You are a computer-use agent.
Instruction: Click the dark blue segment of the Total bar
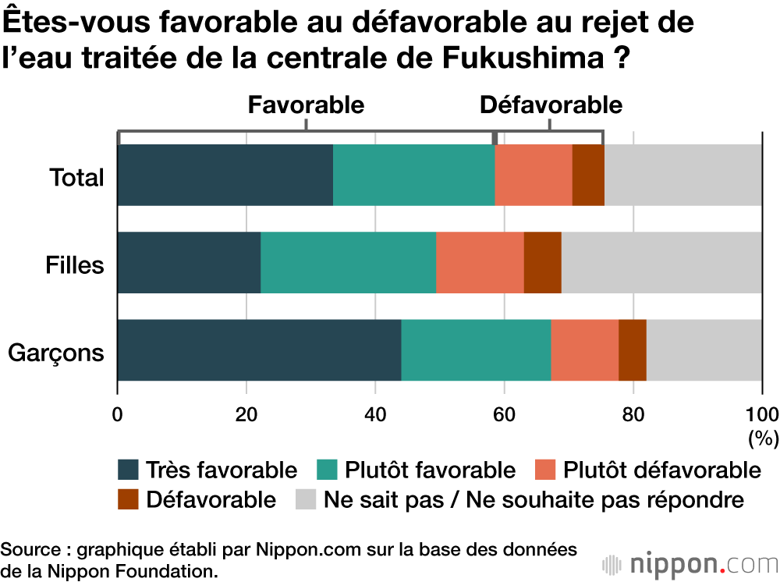coord(225,175)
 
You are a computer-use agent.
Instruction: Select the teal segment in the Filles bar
coord(348,262)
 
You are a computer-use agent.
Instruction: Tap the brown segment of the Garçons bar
coord(633,350)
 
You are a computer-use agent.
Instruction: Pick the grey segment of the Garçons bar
coord(704,350)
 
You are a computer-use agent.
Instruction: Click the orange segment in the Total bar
coord(534,175)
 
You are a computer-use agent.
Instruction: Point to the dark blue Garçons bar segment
coord(259,350)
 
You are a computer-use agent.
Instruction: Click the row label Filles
coord(74,264)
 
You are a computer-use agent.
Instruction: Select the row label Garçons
coord(56,353)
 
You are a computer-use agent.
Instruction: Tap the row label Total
coord(76,177)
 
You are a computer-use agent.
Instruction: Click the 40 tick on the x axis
coord(375,413)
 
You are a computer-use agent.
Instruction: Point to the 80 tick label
coord(633,413)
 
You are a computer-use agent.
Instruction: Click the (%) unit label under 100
coord(762,438)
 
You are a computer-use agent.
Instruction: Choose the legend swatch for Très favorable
coord(129,470)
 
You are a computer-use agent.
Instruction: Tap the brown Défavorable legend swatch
coord(129,499)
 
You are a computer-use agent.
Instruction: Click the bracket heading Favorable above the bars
coord(306,105)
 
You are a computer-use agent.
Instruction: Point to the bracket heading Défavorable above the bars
coord(551,105)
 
